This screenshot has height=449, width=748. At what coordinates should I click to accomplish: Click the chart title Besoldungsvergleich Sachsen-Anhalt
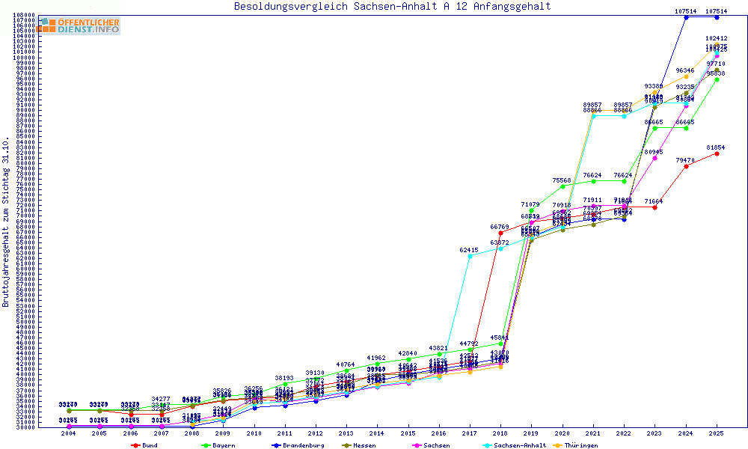pyautogui.click(x=392, y=7)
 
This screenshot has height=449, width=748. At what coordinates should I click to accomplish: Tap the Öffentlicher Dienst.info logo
pyautogui.click(x=80, y=26)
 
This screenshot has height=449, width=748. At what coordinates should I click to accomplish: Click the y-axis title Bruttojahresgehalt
pyautogui.click(x=6, y=222)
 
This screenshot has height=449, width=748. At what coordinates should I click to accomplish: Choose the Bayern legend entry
pyautogui.click(x=219, y=445)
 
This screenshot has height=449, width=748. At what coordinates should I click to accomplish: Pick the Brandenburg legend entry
pyautogui.click(x=298, y=445)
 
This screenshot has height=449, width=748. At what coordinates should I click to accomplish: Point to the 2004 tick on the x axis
pyautogui.click(x=69, y=434)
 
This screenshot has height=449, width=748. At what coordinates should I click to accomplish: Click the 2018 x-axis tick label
pyautogui.click(x=500, y=434)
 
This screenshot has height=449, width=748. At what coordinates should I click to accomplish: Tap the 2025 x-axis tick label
pyautogui.click(x=717, y=434)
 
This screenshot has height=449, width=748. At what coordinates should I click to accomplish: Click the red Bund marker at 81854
pyautogui.click(x=717, y=153)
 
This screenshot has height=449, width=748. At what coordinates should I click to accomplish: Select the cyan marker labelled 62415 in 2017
pyautogui.click(x=470, y=256)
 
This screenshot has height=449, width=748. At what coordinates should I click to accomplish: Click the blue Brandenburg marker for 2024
pyautogui.click(x=686, y=17)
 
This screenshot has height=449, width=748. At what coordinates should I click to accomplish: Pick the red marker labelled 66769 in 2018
pyautogui.click(x=500, y=233)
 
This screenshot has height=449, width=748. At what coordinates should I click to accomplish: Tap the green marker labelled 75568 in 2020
pyautogui.click(x=562, y=186)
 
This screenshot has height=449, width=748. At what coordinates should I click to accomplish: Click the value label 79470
pyautogui.click(x=685, y=160)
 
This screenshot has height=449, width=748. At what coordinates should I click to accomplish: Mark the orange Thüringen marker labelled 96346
pyautogui.click(x=686, y=76)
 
